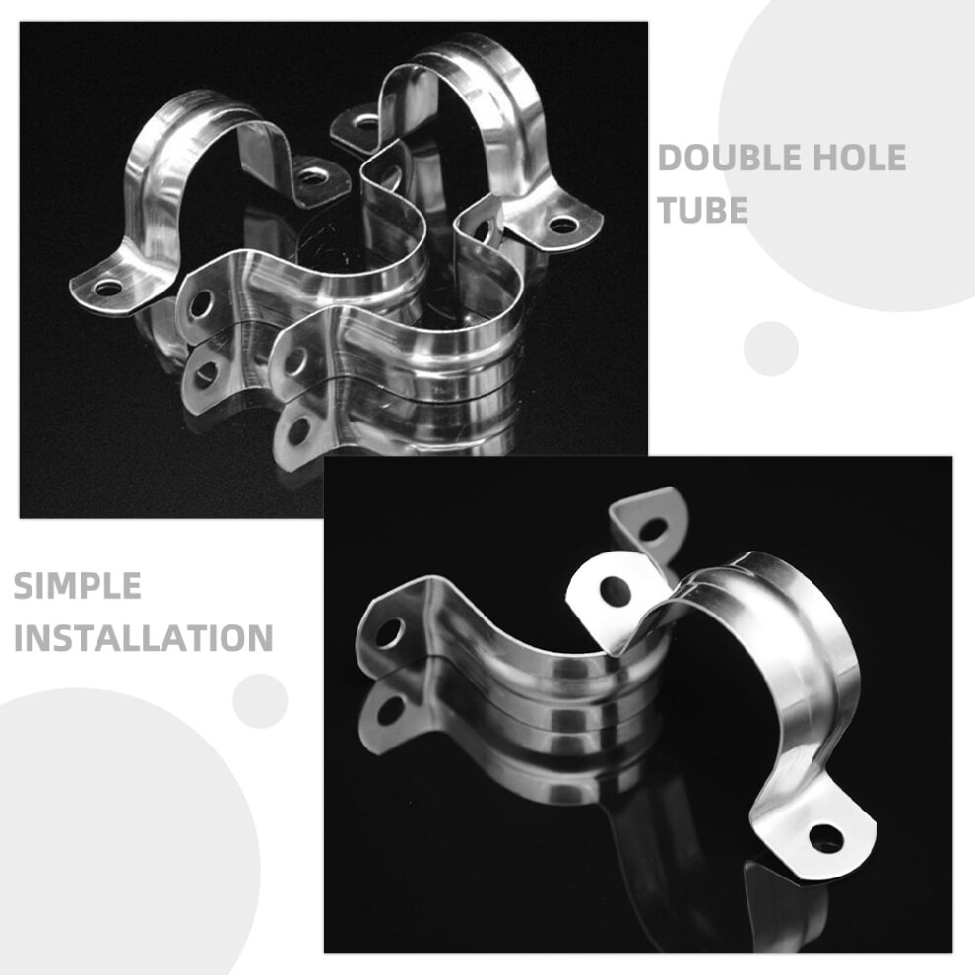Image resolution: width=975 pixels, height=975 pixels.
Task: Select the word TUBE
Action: click(x=702, y=210)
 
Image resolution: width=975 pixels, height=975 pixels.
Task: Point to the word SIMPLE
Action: click(x=77, y=586)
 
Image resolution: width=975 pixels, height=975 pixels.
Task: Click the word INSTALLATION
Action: click(x=144, y=638)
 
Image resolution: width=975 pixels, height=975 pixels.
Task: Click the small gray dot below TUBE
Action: click(x=771, y=349)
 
